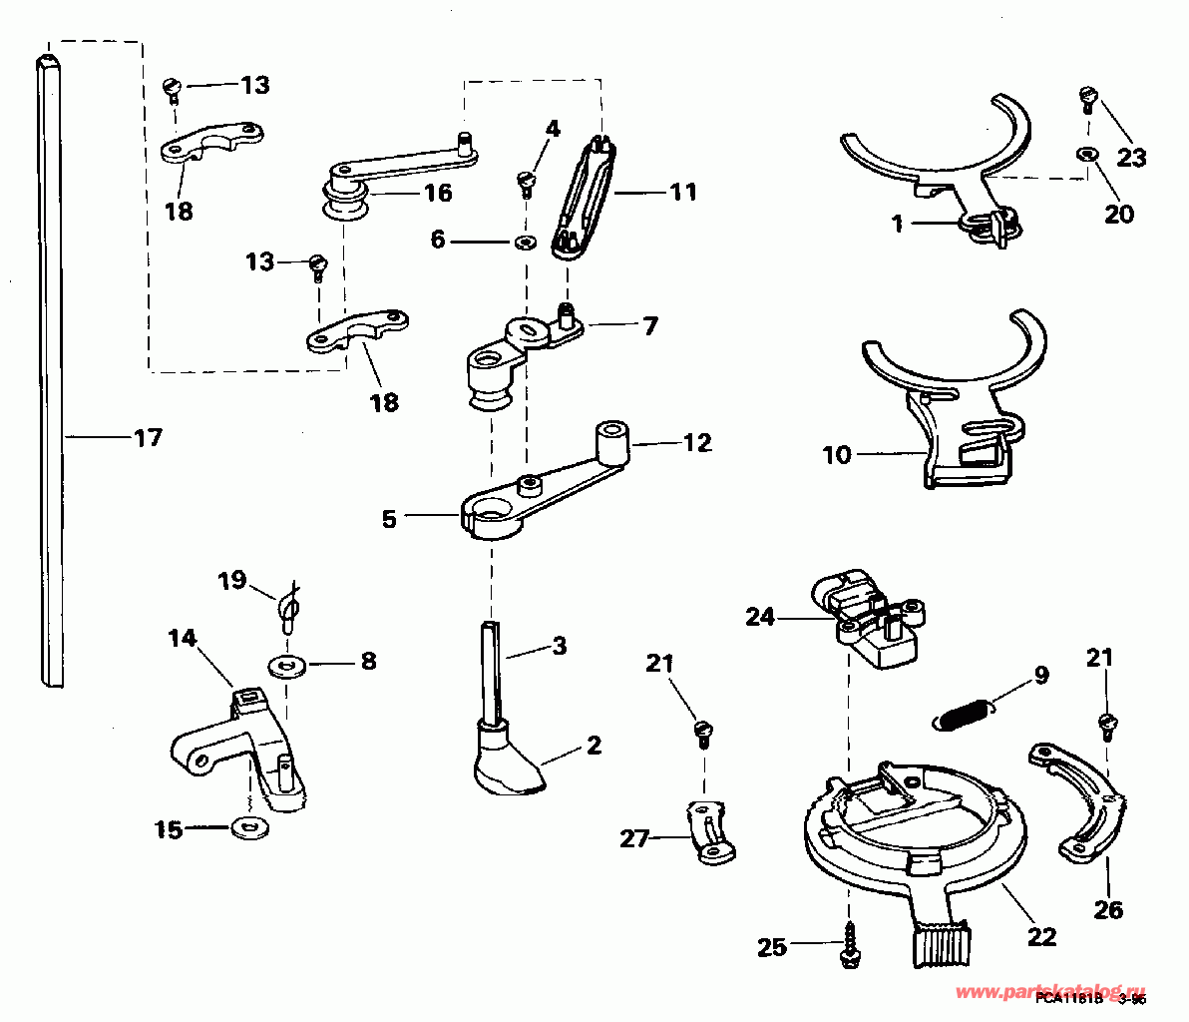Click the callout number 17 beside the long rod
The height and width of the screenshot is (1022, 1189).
point(147,437)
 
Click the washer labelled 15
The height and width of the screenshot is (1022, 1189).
point(242,827)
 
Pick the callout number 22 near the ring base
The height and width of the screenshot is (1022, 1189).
point(1041,937)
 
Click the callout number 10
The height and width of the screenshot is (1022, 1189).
point(837,455)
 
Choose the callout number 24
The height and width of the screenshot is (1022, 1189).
point(760,618)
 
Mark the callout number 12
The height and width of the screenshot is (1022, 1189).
point(697,442)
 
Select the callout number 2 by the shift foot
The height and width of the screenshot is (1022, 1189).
point(594,745)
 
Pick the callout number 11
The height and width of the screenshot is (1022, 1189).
point(682,191)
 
